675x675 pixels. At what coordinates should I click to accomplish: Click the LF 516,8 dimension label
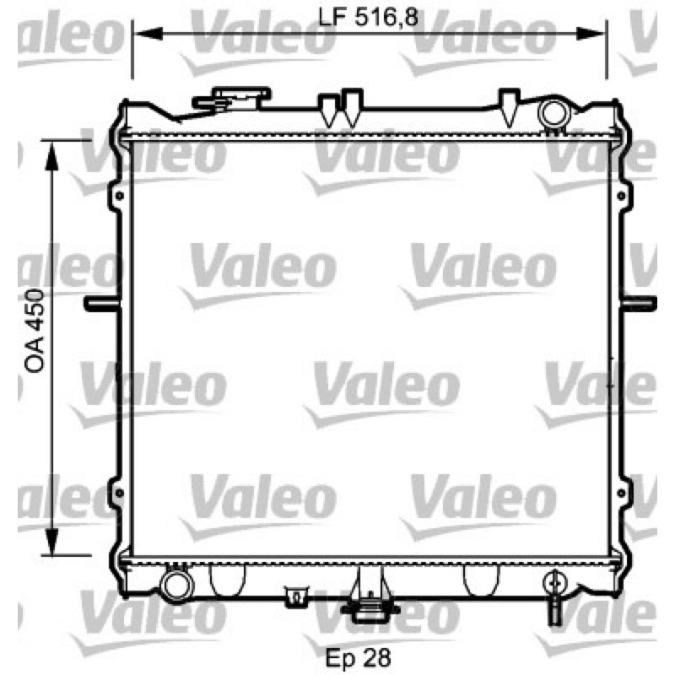(x=368, y=18)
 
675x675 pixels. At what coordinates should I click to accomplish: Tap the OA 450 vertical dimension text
(x=35, y=331)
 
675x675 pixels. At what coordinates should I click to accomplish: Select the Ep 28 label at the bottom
(x=358, y=657)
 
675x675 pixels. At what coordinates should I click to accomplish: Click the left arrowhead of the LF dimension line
(x=149, y=34)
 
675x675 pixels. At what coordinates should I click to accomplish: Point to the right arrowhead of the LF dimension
(x=590, y=34)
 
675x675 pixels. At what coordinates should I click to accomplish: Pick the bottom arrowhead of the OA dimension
(x=51, y=541)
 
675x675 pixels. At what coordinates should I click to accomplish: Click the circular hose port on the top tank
(x=553, y=114)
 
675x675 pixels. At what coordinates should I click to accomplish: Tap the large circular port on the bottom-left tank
(x=176, y=586)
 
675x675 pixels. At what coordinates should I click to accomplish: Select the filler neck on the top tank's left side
(x=234, y=100)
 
